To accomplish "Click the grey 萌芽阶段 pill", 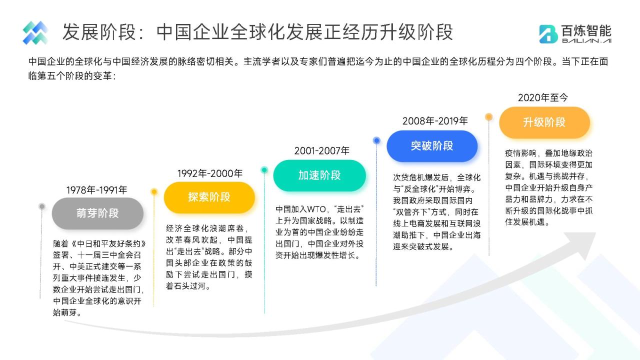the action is pyautogui.click(x=97, y=213).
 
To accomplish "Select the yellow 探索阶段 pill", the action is pyautogui.click(x=209, y=197).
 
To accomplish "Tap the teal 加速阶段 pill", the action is pyautogui.click(x=319, y=175).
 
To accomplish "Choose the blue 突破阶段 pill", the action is pyautogui.click(x=432, y=145).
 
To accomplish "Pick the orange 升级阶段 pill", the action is pyautogui.click(x=544, y=122).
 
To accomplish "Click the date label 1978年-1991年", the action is pyautogui.click(x=96, y=190).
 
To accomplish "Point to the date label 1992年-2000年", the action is pyautogui.click(x=209, y=173).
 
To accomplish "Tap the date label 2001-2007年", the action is pyautogui.click(x=321, y=151).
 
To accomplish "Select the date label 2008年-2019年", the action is pyautogui.click(x=435, y=121).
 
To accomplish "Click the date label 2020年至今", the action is pyautogui.click(x=543, y=97).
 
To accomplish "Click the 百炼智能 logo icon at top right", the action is pyautogui.click(x=548, y=34).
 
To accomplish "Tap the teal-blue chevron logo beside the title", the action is pyautogui.click(x=35, y=33).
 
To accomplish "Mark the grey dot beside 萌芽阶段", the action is pyautogui.click(x=42, y=206).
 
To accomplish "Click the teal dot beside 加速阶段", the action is pyautogui.click(x=264, y=170).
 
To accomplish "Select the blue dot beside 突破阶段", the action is pyautogui.click(x=376, y=140).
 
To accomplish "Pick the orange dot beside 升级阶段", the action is pyautogui.click(x=489, y=117).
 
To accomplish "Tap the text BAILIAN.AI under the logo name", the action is pyautogui.click(x=586, y=41).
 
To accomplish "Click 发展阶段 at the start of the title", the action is pyautogui.click(x=99, y=31).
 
